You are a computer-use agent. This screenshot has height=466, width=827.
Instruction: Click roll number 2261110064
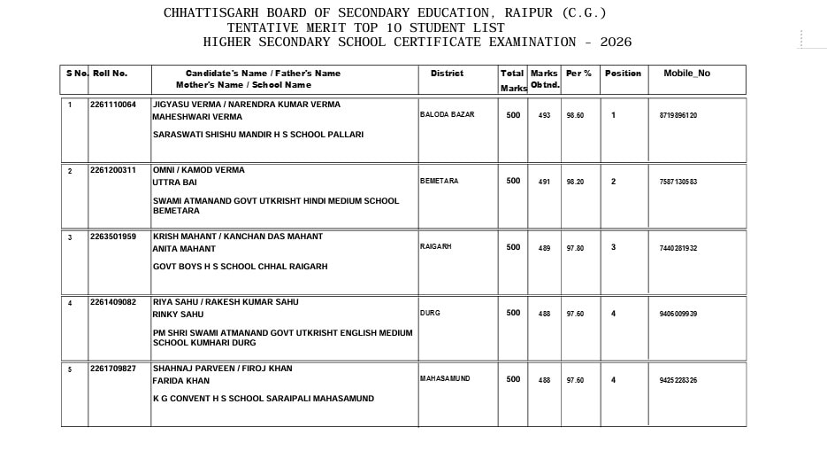[113, 105]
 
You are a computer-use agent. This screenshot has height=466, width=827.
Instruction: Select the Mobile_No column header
[686, 73]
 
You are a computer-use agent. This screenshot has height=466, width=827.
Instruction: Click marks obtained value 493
[544, 116]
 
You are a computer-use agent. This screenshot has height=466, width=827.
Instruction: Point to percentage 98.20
[575, 182]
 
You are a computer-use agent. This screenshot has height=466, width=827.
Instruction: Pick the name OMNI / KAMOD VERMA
[199, 170]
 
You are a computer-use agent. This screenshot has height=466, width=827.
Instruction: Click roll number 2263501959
[113, 237]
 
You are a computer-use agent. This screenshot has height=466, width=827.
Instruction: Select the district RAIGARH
[435, 247]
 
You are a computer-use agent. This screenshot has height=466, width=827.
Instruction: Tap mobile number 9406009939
[678, 314]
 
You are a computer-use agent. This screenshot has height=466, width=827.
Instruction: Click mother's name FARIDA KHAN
[181, 381]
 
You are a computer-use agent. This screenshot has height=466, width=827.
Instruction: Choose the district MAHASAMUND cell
[445, 379]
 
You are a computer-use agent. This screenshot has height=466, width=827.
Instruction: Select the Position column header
[623, 73]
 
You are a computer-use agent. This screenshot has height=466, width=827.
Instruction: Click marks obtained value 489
[544, 248]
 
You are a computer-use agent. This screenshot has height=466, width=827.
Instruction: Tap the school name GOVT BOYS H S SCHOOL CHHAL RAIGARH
[241, 267]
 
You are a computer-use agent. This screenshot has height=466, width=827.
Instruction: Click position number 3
[613, 247]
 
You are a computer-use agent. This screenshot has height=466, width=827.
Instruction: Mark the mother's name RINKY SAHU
[179, 315]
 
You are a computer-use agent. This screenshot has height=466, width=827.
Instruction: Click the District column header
[447, 73]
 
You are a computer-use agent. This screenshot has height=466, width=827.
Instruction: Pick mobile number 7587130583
[678, 182]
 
